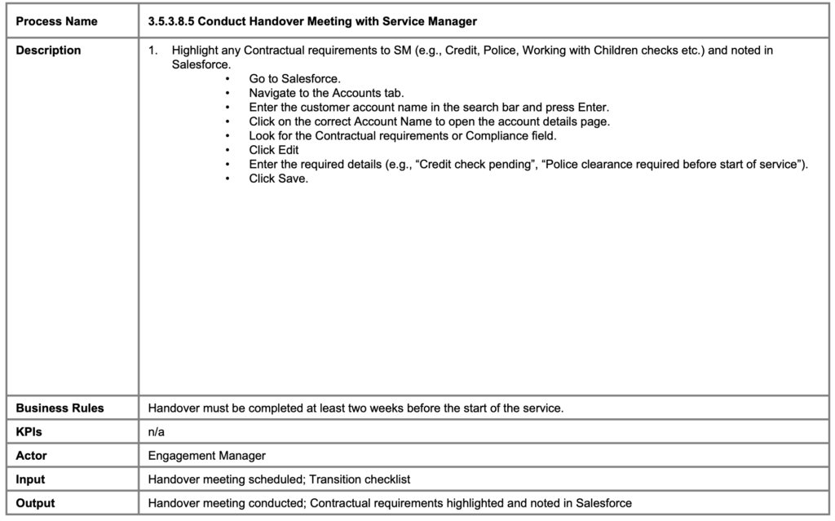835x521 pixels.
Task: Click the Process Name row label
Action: click(x=56, y=21)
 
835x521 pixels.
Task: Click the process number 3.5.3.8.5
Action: click(x=175, y=21)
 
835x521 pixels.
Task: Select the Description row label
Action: click(x=49, y=51)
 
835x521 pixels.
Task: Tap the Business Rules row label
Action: click(x=60, y=408)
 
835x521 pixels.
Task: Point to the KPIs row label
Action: click(x=30, y=432)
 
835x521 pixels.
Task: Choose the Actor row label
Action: click(x=32, y=456)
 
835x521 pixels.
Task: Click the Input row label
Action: click(x=31, y=479)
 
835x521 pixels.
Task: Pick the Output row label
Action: click(x=36, y=503)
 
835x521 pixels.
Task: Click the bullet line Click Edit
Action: click(x=274, y=150)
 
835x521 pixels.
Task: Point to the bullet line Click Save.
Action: click(x=279, y=179)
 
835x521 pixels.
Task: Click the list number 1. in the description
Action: click(x=153, y=51)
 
